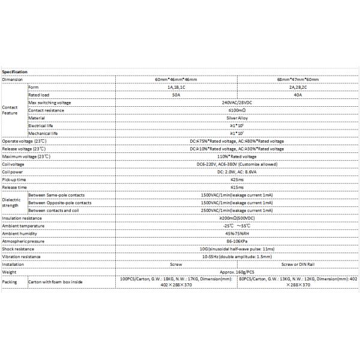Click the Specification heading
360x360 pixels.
click(15, 72)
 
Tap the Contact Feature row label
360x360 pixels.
click(10, 110)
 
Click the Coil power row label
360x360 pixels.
click(13, 172)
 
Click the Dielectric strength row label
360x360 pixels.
click(11, 202)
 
